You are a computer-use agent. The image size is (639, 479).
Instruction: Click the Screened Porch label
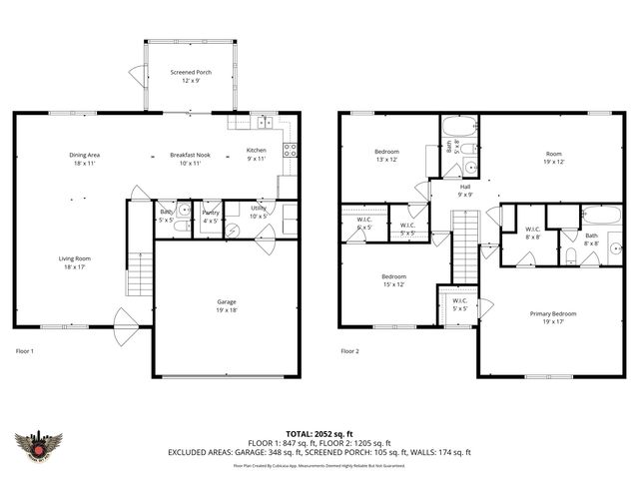click(x=190, y=73)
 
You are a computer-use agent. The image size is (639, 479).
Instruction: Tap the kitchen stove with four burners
click(x=290, y=151)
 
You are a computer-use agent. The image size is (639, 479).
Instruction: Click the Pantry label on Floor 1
click(x=211, y=213)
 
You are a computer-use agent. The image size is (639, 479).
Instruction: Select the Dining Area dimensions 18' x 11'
click(x=85, y=163)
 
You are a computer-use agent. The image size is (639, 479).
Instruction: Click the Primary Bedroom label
click(x=552, y=313)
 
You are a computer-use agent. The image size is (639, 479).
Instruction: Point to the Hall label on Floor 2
click(x=465, y=187)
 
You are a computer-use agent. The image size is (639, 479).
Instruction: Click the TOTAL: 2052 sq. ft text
click(x=319, y=433)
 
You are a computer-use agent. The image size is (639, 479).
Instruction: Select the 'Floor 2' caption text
click(x=350, y=351)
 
